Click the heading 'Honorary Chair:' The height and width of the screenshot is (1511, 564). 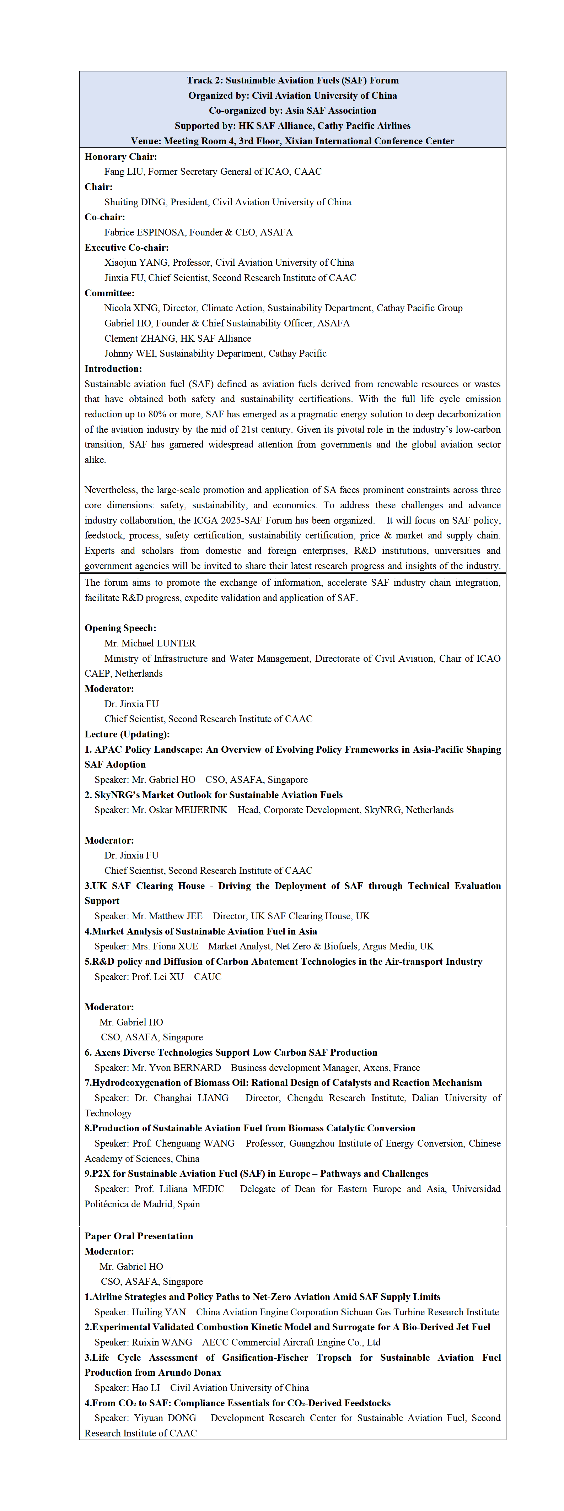120,157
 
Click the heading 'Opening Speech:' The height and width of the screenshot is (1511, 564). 120,628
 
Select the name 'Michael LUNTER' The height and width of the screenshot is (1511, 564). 159,644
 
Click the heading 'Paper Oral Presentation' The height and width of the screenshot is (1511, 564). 139,1236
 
